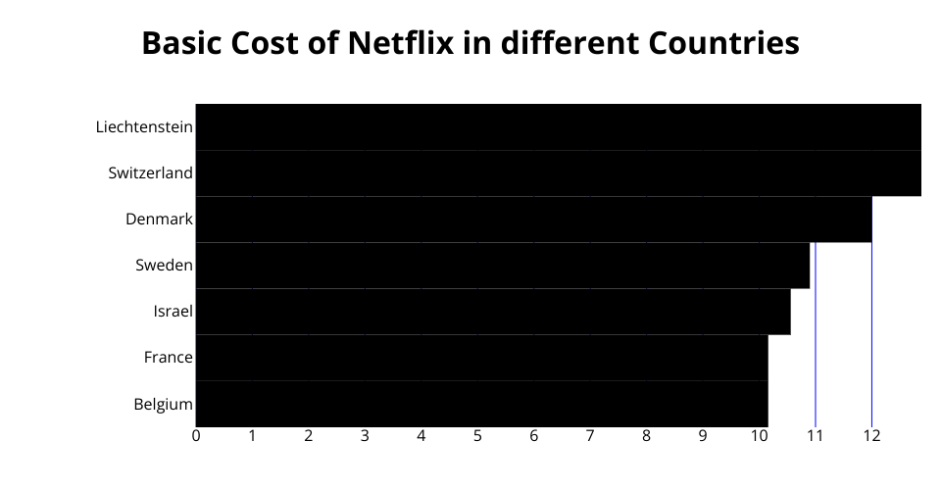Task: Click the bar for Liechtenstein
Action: [x=558, y=127]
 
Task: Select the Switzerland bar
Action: [x=558, y=173]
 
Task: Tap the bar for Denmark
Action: [x=533, y=220]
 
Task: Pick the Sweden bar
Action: [x=503, y=266]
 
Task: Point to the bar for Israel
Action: [x=493, y=312]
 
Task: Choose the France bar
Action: [x=481, y=358]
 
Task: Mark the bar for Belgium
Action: [x=481, y=404]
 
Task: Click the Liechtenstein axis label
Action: [x=144, y=127]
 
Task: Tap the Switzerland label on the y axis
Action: [x=150, y=173]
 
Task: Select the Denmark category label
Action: [x=159, y=220]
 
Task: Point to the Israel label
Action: [x=173, y=312]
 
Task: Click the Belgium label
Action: [x=163, y=404]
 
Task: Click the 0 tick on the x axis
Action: [x=196, y=436]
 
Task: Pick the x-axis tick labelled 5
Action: [x=477, y=436]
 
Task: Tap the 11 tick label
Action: [x=815, y=436]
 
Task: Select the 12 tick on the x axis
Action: [x=871, y=436]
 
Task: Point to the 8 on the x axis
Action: [x=646, y=436]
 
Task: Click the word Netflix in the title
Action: [x=402, y=44]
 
